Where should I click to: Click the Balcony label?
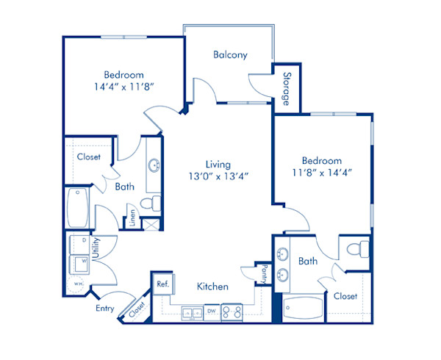pos(230,54)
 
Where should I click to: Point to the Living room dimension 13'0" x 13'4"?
pos(218,176)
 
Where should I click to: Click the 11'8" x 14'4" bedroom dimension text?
pos(321,173)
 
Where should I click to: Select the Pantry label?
pos(261,275)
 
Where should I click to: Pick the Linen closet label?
pos(132,217)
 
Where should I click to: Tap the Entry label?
pos(104,309)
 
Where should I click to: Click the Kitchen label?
pos(212,287)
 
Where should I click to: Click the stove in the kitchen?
pos(232,312)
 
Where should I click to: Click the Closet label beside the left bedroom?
pos(88,156)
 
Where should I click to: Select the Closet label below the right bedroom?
pos(345,296)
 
